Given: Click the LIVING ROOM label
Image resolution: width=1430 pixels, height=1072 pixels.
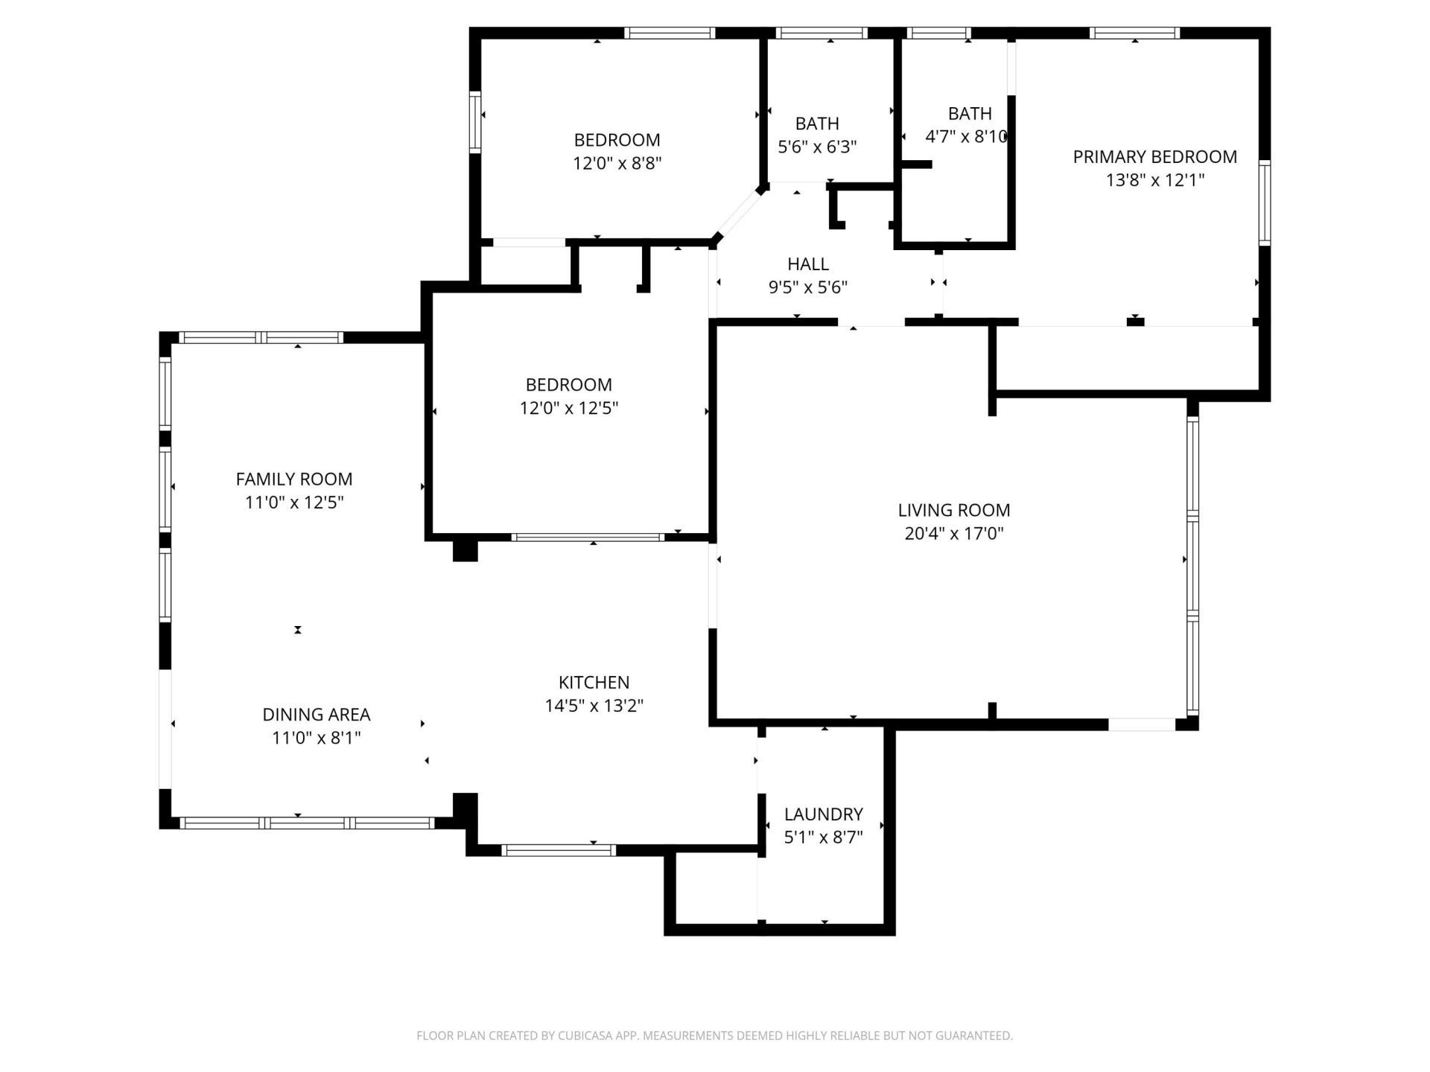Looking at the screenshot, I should pos(953,510).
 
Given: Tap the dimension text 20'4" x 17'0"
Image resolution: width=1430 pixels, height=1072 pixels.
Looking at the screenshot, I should pos(953,534).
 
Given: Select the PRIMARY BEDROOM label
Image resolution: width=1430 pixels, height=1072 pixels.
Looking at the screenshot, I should pos(1154,156).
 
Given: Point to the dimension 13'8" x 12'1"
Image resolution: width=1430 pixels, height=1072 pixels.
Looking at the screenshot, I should pos(1154,180).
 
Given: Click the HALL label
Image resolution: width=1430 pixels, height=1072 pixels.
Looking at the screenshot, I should pos(808,264).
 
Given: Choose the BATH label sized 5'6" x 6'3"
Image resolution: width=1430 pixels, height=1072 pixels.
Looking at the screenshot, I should pos(817,124).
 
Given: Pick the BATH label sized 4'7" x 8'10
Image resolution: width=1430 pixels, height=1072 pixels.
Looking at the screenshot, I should pos(970,113).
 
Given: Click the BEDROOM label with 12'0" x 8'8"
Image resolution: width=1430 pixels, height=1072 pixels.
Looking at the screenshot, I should pos(617,140).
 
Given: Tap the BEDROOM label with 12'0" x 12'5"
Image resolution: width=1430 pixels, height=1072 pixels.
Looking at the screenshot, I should pos(568,385).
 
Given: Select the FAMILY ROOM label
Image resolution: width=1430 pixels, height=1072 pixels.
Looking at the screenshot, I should pos(294,479).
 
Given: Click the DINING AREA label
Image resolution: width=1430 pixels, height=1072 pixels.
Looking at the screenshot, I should pos(316,715).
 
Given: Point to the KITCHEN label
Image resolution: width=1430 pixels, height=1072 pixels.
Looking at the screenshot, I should pos(594,682).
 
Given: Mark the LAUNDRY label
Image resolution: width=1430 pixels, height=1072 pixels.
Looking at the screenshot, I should pos(823,814).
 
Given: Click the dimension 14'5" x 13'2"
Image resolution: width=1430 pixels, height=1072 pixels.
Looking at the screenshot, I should pos(594,706).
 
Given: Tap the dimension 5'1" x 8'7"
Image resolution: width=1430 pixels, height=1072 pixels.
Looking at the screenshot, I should pos(823,837).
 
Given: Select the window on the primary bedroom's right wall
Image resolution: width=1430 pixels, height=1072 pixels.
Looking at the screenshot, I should pos(1264,202).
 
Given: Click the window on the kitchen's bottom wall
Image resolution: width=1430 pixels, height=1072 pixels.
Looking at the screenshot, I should pos(559,850).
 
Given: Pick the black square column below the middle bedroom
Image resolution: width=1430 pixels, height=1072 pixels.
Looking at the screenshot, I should pos(465,549).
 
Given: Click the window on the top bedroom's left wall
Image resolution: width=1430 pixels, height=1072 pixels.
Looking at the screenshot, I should pos(474,122).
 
